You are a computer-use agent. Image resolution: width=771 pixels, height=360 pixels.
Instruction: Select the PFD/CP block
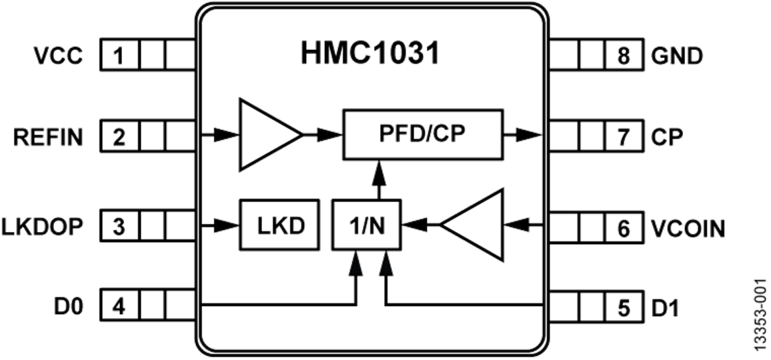(x=421, y=135)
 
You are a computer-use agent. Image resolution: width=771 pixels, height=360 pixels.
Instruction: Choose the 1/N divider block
(x=367, y=227)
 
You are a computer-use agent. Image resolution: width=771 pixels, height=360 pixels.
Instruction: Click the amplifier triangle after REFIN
(x=267, y=135)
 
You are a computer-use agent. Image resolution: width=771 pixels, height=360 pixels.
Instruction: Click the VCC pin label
(x=59, y=56)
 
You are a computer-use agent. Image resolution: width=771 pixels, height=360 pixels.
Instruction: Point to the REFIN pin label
(x=50, y=137)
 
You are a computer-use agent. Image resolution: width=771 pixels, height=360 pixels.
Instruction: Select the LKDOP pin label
(x=43, y=227)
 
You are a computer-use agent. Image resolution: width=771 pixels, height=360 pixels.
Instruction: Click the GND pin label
(x=677, y=56)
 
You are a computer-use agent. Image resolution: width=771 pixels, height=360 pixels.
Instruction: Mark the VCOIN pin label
(x=688, y=229)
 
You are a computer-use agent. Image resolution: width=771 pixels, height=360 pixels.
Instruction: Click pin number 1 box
(x=118, y=56)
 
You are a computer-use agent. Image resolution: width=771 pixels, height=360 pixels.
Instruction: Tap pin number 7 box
(x=623, y=137)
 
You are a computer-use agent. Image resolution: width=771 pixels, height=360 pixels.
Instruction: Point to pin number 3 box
(x=118, y=227)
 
